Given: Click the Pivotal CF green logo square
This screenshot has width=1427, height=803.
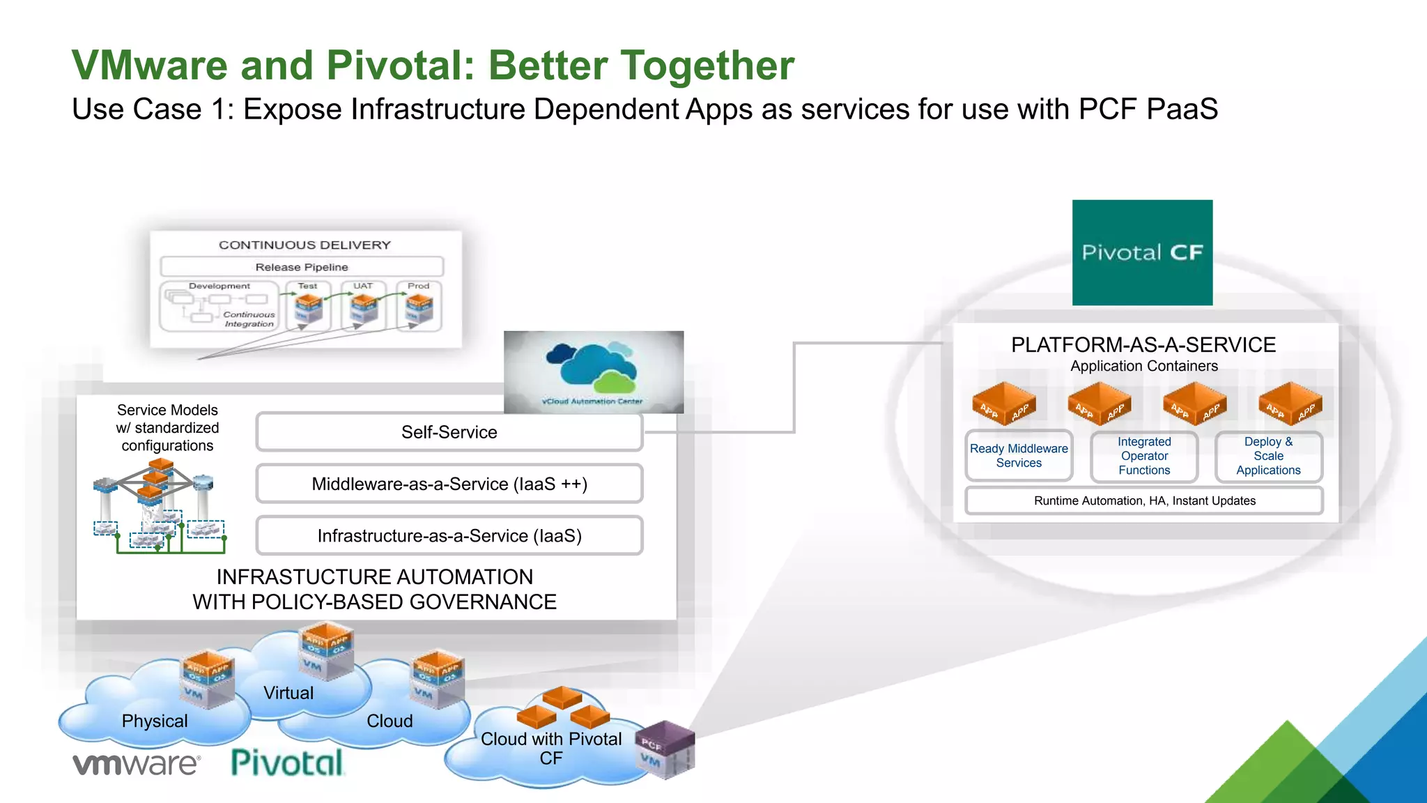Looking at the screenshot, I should [1142, 252].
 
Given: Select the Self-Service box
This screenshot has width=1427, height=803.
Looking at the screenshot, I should [449, 432].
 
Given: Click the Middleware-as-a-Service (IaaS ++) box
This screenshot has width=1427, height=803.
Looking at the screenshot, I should [449, 484].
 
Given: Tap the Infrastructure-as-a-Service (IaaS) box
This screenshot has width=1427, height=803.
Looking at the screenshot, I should [449, 535].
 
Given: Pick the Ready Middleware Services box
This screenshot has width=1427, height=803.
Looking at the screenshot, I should [1019, 456].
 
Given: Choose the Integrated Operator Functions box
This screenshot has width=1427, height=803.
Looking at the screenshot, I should [1144, 456].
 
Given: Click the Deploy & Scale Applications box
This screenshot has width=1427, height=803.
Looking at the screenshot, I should [1268, 456].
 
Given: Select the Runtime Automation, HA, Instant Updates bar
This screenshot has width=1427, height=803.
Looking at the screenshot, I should [1144, 500].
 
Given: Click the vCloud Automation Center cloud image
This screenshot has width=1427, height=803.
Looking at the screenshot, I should [594, 372].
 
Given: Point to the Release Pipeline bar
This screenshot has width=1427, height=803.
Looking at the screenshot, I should [302, 267].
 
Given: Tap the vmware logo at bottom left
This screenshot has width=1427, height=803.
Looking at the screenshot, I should [137, 764].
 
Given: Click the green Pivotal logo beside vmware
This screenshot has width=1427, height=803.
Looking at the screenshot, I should [287, 763].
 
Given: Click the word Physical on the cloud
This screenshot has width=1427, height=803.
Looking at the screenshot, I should [155, 721].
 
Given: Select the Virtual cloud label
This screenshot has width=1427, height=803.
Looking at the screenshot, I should [288, 693].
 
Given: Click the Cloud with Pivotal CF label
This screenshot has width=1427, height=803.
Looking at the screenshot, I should [550, 748].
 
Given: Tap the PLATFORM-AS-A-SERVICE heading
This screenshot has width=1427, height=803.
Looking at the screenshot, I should [1143, 344].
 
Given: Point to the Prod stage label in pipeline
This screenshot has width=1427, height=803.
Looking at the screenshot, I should [419, 286].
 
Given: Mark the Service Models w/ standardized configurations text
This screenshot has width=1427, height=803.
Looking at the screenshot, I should [167, 427].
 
